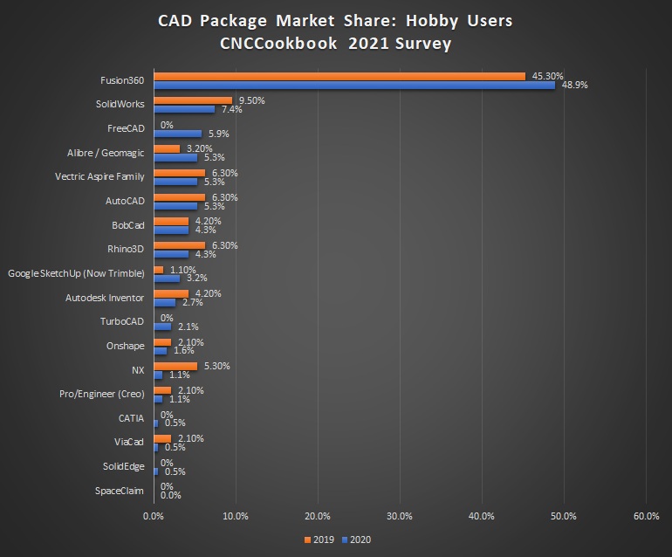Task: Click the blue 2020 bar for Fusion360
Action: point(353,85)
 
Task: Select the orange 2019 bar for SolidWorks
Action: point(192,100)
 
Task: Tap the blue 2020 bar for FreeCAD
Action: point(177,134)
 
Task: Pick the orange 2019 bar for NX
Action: point(175,366)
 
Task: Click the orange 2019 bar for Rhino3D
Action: point(179,245)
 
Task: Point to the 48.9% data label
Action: point(574,86)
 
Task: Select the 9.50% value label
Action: point(250,100)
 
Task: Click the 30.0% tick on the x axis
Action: point(399,516)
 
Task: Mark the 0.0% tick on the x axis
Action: point(154,516)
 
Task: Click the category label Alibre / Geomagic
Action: point(106,153)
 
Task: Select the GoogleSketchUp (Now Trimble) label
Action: point(76,273)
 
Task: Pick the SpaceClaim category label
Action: point(120,491)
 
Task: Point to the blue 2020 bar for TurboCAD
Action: point(162,327)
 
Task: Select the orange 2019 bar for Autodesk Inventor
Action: point(170,293)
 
